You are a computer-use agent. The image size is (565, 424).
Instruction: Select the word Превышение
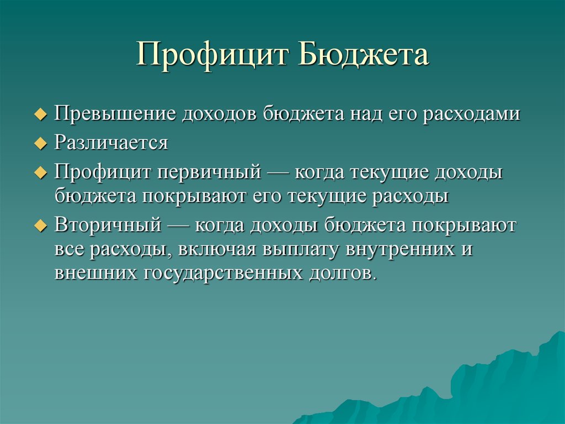115,114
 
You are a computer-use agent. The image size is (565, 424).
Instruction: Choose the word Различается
111,143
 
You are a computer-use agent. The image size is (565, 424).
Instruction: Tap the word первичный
210,172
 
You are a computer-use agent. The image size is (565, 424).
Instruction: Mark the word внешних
96,273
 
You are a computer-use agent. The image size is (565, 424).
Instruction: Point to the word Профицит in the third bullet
103,172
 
